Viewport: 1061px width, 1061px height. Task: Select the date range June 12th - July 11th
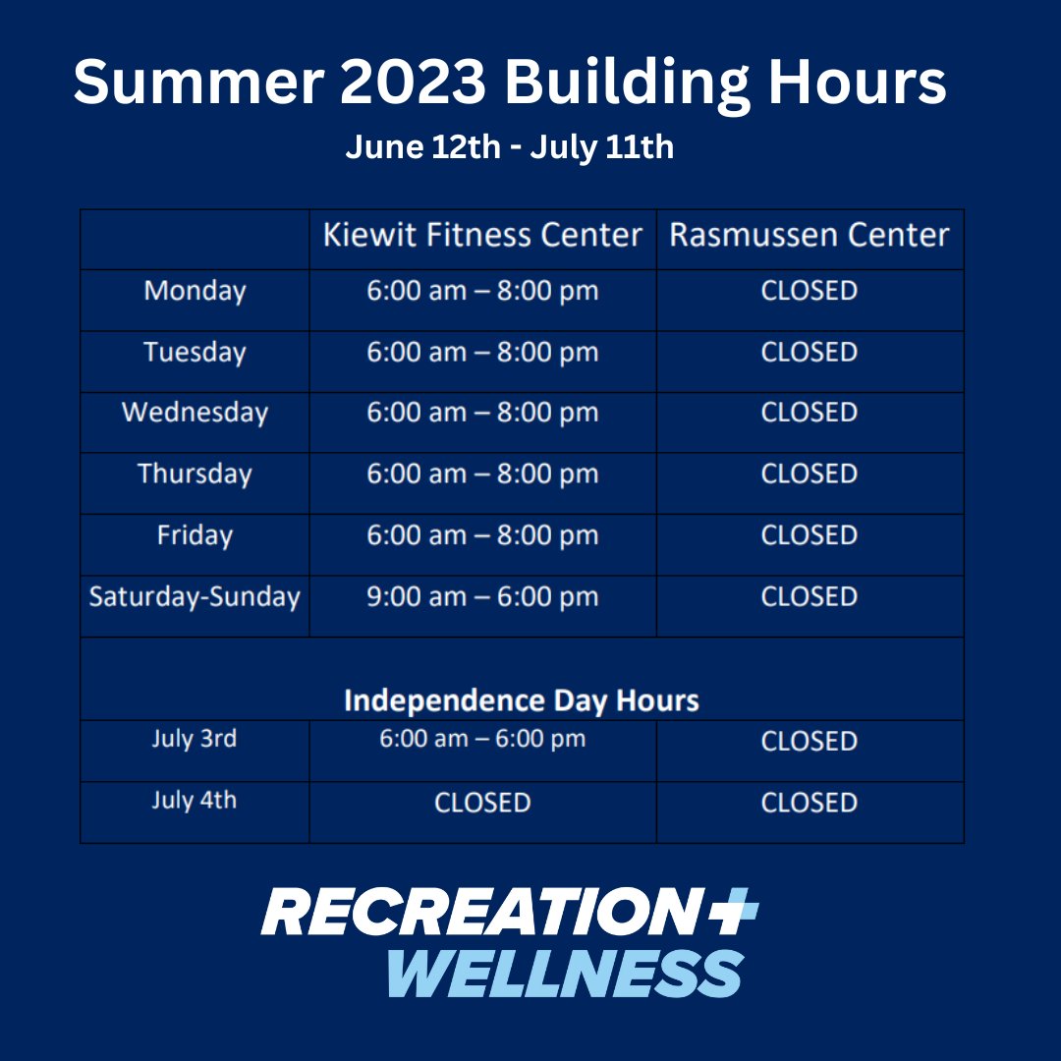coord(509,147)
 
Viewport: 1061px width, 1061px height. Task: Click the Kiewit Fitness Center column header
coord(482,236)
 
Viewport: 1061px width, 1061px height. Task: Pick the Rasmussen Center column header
coord(810,236)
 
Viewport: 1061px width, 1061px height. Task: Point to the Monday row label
coord(195,291)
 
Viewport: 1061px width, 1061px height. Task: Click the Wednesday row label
coord(195,413)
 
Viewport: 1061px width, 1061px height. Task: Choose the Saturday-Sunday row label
coord(195,596)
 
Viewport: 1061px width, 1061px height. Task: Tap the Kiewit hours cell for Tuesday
coord(482,353)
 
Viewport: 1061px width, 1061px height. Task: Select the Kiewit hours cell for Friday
coord(482,535)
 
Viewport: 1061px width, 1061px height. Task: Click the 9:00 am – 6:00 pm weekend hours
coord(482,596)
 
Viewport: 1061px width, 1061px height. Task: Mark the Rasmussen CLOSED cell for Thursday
coord(810,474)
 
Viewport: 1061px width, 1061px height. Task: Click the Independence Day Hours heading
coord(522,700)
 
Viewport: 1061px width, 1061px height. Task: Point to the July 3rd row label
coord(195,739)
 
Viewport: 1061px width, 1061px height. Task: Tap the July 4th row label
coord(195,801)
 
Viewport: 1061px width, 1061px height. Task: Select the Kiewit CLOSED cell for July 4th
coord(482,803)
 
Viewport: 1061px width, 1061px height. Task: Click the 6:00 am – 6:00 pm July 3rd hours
coord(482,739)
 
